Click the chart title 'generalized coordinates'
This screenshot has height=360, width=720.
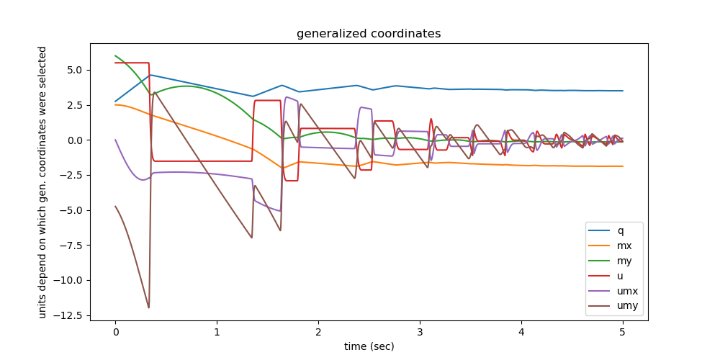[x=369, y=34]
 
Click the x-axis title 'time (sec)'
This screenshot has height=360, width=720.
[x=369, y=346]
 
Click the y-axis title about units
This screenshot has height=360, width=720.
[x=42, y=181]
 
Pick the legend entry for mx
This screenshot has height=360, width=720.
[x=624, y=246]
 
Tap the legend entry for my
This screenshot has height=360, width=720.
[x=624, y=261]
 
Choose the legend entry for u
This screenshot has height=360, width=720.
[x=621, y=276]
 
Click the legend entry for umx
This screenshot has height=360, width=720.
[x=627, y=292]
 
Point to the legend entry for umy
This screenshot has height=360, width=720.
[x=627, y=307]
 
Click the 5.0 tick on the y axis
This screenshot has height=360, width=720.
[x=76, y=70]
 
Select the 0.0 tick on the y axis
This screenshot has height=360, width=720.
[x=76, y=140]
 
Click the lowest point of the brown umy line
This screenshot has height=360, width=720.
[x=149, y=308]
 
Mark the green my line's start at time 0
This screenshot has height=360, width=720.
[x=115, y=55]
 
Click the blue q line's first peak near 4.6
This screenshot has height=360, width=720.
[x=150, y=75]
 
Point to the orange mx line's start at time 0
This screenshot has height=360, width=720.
[x=115, y=104]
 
